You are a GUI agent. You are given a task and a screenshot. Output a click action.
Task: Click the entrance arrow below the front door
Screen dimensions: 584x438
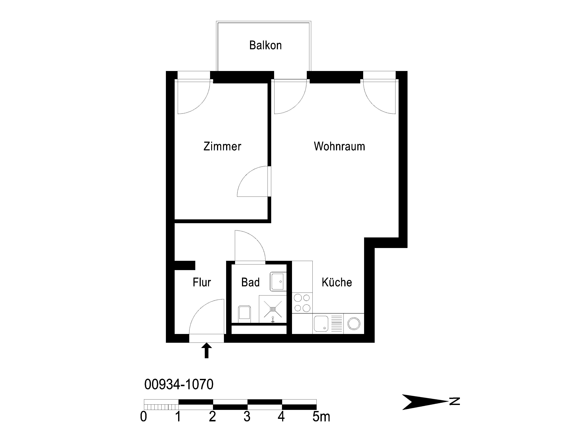206,351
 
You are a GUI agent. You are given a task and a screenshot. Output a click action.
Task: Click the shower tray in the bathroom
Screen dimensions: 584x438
273,309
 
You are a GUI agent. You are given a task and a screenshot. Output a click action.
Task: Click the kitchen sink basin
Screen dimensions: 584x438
321,324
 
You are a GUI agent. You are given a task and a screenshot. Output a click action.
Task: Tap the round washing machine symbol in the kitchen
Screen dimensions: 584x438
354,324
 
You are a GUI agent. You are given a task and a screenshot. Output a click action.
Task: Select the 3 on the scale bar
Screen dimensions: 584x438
247,417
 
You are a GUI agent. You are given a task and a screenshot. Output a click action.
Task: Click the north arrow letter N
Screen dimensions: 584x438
455,401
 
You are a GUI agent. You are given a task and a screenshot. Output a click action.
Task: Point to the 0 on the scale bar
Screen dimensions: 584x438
143,417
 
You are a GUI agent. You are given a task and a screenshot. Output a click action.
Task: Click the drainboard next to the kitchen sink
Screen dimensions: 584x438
336,324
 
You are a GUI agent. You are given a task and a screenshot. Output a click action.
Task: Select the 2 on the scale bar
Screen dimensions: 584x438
213,417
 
